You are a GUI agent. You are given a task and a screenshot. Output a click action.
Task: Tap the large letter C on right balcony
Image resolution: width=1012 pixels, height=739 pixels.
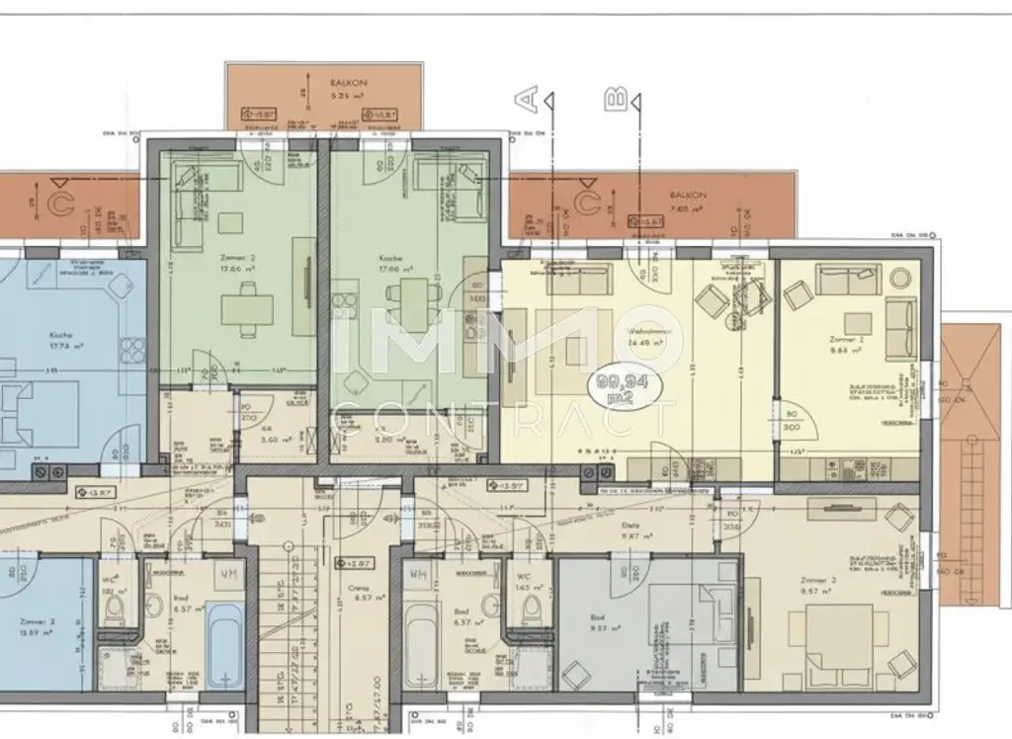pos(587,205)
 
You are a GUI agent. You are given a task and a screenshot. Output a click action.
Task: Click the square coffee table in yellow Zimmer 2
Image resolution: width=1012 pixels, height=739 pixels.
pos(857,321)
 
